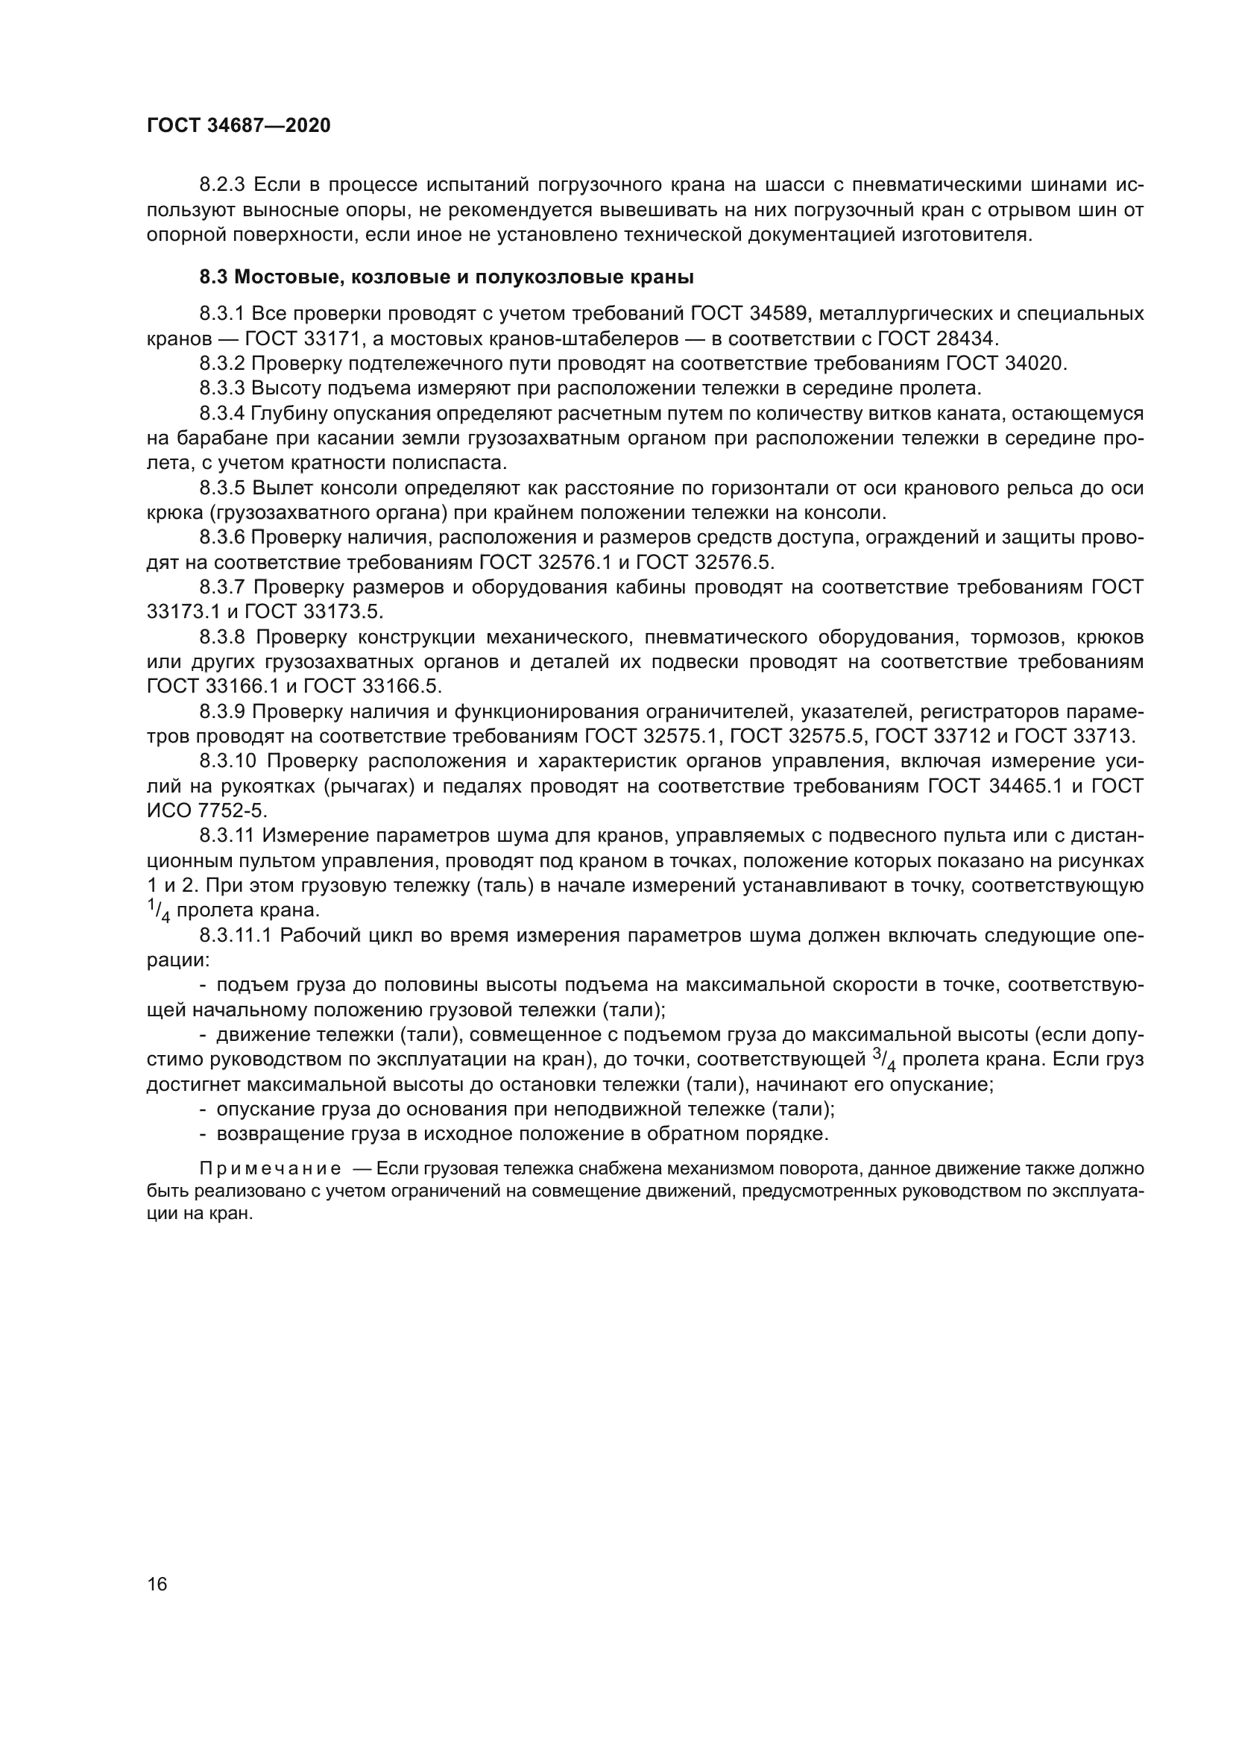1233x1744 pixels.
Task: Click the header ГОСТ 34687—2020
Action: [239, 126]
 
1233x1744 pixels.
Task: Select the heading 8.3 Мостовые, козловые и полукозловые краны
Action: [447, 277]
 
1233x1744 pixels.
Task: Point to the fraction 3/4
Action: [885, 1060]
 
